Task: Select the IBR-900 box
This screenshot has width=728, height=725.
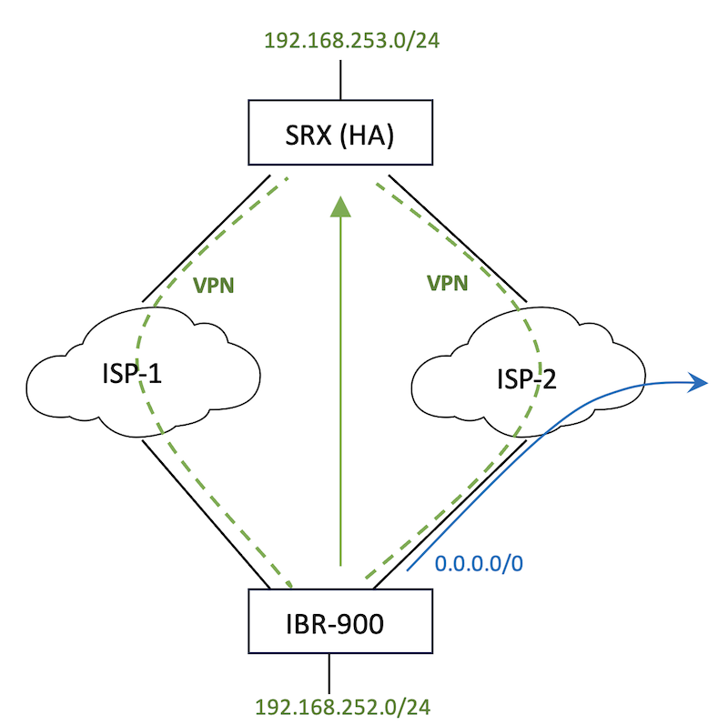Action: pyautogui.click(x=339, y=620)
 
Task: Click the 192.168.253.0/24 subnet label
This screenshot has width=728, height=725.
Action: pyautogui.click(x=339, y=40)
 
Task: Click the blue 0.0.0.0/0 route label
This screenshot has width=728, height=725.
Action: pyautogui.click(x=479, y=564)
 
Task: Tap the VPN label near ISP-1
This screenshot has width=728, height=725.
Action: pyautogui.click(x=215, y=285)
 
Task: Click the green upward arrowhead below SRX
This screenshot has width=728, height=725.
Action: pyautogui.click(x=339, y=206)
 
